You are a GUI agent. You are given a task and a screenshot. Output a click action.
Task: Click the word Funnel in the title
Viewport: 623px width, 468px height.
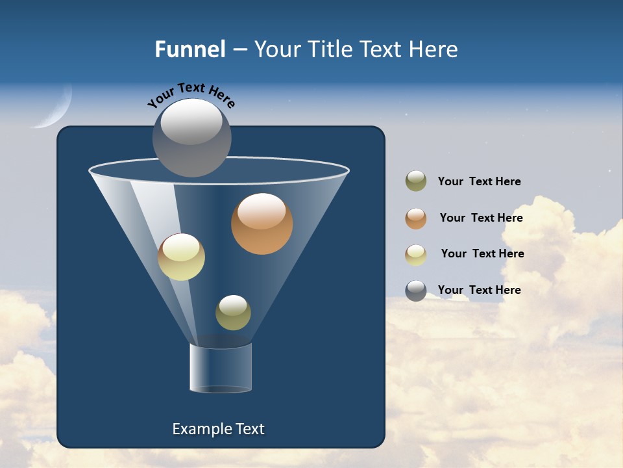pyautogui.click(x=189, y=49)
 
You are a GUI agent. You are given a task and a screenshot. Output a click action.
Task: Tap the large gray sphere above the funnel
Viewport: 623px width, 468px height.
pyautogui.click(x=191, y=137)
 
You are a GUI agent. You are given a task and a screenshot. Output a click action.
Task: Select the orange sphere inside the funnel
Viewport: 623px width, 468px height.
pyautogui.click(x=262, y=224)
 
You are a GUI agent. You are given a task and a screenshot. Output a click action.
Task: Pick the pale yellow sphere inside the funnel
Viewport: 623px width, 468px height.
pyautogui.click(x=181, y=257)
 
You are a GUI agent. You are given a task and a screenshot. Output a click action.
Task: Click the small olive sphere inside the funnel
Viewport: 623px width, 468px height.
pyautogui.click(x=233, y=313)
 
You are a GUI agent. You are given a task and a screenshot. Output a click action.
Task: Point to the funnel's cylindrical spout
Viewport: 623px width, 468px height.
pyautogui.click(x=221, y=368)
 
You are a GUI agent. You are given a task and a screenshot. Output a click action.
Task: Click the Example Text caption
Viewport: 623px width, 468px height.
pyautogui.click(x=218, y=429)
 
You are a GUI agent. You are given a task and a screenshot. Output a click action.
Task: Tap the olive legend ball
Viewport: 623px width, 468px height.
pyautogui.click(x=416, y=181)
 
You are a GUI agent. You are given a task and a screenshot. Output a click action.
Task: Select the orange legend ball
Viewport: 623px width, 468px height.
pyautogui.click(x=416, y=218)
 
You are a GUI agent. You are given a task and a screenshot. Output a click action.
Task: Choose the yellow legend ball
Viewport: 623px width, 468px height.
pyautogui.click(x=416, y=254)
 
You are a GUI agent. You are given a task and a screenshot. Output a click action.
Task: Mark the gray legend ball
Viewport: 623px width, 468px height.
pyautogui.click(x=416, y=291)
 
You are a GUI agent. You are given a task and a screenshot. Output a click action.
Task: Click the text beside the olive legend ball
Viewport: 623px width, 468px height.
pyautogui.click(x=479, y=181)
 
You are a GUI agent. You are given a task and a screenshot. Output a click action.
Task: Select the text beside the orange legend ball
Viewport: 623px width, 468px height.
pyautogui.click(x=481, y=218)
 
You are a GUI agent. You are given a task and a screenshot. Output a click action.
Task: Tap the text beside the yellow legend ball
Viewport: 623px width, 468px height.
pyautogui.click(x=482, y=253)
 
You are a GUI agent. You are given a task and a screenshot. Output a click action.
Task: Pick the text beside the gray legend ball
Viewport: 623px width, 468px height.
pyautogui.click(x=479, y=290)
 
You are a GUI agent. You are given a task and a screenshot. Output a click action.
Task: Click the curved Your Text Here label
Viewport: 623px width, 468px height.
pyautogui.click(x=191, y=94)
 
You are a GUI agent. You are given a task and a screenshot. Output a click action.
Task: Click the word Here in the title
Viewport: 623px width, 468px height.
pyautogui.click(x=435, y=49)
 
